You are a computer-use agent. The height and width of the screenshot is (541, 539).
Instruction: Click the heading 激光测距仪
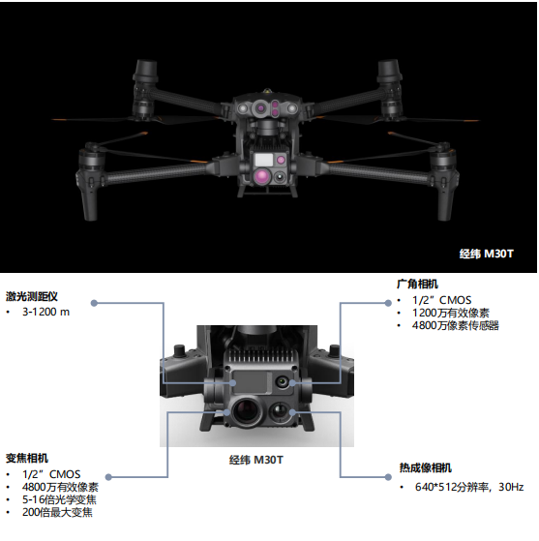(x=32, y=296)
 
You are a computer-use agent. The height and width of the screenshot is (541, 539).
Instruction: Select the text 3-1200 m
(x=45, y=312)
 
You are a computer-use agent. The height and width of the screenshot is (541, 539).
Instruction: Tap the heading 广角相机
(x=417, y=284)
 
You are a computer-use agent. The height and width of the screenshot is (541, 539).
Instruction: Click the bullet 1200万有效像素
(x=451, y=313)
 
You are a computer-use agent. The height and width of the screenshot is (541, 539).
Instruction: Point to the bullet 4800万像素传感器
(x=456, y=325)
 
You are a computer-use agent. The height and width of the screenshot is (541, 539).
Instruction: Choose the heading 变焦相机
(x=27, y=458)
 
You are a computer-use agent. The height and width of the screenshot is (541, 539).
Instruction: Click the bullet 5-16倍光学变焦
(x=59, y=499)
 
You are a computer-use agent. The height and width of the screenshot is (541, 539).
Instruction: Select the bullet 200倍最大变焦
(x=57, y=512)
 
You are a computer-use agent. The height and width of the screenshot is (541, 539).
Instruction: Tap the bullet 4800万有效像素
(x=60, y=487)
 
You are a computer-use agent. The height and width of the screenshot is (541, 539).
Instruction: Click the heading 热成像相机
(x=426, y=467)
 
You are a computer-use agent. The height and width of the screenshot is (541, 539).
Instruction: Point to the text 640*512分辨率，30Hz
(x=469, y=487)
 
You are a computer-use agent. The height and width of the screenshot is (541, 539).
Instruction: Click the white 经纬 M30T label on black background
(x=486, y=254)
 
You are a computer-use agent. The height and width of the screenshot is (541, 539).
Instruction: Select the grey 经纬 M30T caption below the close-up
(x=256, y=460)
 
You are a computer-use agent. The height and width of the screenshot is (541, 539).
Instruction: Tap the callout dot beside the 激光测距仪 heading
(x=94, y=303)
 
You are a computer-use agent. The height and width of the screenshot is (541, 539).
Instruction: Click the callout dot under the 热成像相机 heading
(x=388, y=477)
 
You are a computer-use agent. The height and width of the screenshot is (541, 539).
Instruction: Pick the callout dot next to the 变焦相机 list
(x=108, y=477)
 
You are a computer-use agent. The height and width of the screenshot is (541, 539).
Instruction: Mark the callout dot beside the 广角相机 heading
(x=388, y=303)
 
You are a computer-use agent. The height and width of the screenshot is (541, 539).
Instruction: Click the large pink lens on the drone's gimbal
(x=262, y=176)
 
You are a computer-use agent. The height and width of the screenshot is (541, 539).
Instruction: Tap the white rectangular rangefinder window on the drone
(x=264, y=160)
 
